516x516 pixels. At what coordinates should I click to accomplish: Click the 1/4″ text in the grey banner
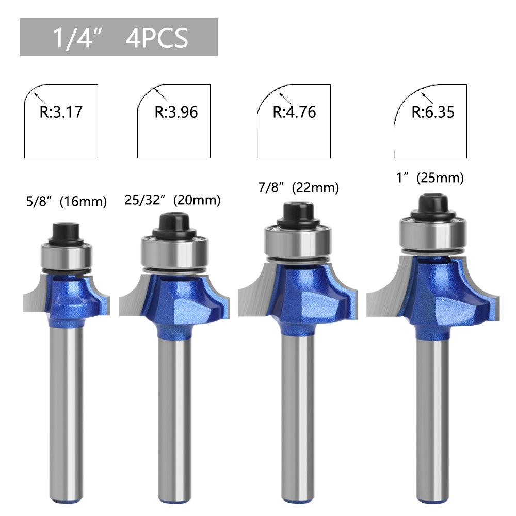pos(77,38)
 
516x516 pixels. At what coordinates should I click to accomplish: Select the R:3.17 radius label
pos(61,112)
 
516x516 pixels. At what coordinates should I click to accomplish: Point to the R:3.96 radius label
pos(176,112)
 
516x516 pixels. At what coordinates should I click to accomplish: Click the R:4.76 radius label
pos(294,112)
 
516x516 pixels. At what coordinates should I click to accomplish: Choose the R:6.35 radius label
pos(433,112)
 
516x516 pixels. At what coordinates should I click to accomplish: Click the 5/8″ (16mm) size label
pos(67,201)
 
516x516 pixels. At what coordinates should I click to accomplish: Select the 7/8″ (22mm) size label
pos(298,188)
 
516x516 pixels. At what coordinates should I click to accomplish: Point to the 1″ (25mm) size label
pos(430,178)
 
